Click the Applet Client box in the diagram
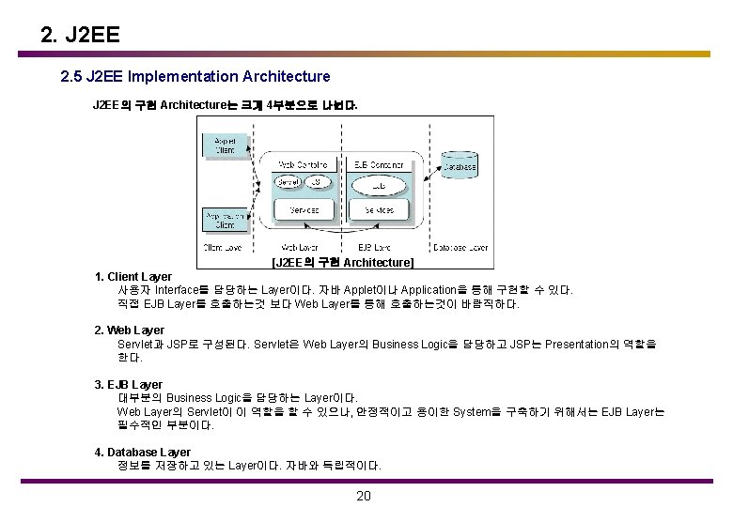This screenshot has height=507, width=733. (225, 145)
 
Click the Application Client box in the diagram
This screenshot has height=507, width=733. (225, 220)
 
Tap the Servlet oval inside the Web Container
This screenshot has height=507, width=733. (288, 181)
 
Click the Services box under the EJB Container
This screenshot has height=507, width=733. (379, 209)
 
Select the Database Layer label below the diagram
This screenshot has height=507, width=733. (460, 248)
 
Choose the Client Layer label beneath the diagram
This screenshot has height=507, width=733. (222, 248)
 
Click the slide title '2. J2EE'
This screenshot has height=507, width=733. (81, 37)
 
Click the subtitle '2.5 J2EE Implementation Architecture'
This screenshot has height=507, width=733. (195, 75)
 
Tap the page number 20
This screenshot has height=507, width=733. (365, 496)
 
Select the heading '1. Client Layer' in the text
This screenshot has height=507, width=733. (133, 277)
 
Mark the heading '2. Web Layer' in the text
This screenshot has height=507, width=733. (130, 330)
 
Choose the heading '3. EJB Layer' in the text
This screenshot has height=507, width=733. (129, 384)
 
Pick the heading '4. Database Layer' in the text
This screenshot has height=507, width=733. (142, 453)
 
